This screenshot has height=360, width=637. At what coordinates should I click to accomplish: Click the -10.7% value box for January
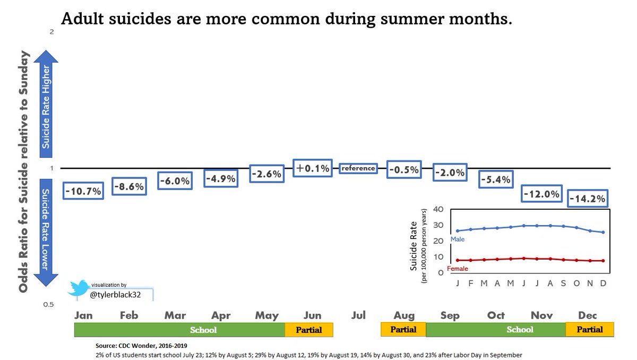(83, 191)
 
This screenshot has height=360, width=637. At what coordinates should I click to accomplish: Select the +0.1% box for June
(313, 168)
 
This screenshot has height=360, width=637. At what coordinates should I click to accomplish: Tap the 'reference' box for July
(358, 168)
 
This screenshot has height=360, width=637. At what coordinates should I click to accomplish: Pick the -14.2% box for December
(588, 199)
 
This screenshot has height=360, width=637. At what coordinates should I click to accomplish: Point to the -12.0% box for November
(541, 194)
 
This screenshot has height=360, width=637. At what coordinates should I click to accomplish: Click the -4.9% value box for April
(221, 178)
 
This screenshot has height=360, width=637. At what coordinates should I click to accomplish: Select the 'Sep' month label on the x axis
(450, 315)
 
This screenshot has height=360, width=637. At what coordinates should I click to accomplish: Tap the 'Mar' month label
(175, 315)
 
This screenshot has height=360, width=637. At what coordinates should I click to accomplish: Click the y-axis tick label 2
(51, 32)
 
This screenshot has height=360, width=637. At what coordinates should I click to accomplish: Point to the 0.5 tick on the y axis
(49, 305)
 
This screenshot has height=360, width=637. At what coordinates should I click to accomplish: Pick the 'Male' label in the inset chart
(458, 240)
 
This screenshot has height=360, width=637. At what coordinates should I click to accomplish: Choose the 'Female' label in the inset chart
(458, 269)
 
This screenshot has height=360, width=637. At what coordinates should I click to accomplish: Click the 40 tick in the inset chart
(438, 209)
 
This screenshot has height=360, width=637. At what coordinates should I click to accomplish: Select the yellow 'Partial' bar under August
(403, 330)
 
